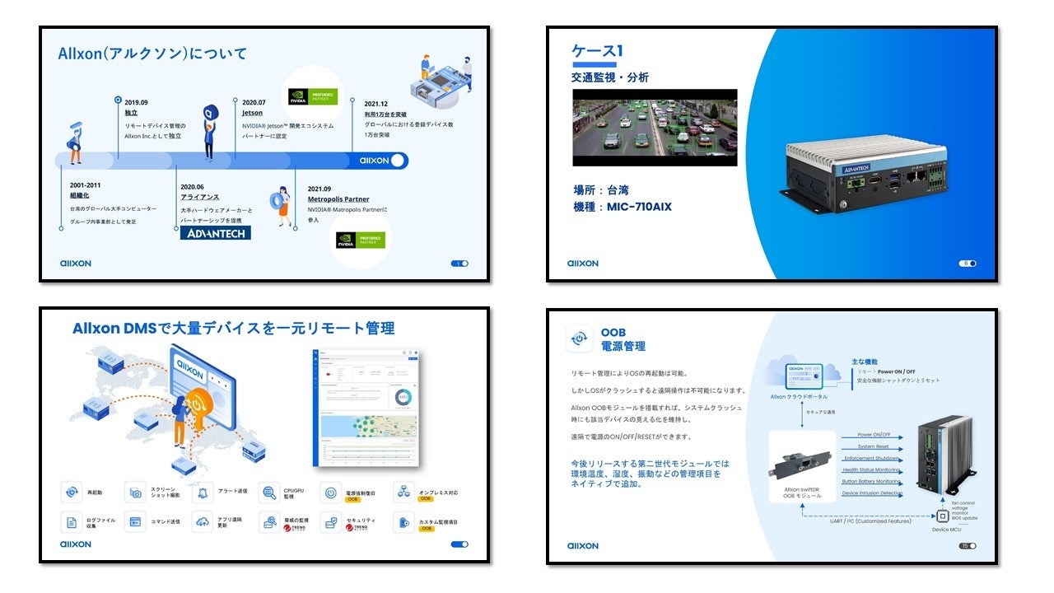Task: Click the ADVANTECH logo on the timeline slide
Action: pos(215,232)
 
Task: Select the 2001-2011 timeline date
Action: pos(86,185)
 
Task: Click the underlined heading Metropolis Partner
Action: pos(338,199)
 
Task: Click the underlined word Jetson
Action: pos(252,113)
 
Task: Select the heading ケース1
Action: pos(597,51)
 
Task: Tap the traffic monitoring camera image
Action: pos(655,128)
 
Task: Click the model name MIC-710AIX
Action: pos(639,207)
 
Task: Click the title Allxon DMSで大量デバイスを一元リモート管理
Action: pos(233,328)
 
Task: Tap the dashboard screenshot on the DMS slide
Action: pos(369,408)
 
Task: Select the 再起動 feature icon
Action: pos(72,493)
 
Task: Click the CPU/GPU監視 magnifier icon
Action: pos(268,493)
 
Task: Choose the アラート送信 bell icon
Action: pos(201,493)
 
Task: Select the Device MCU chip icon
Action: pos(943,516)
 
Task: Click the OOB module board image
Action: pos(800,465)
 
